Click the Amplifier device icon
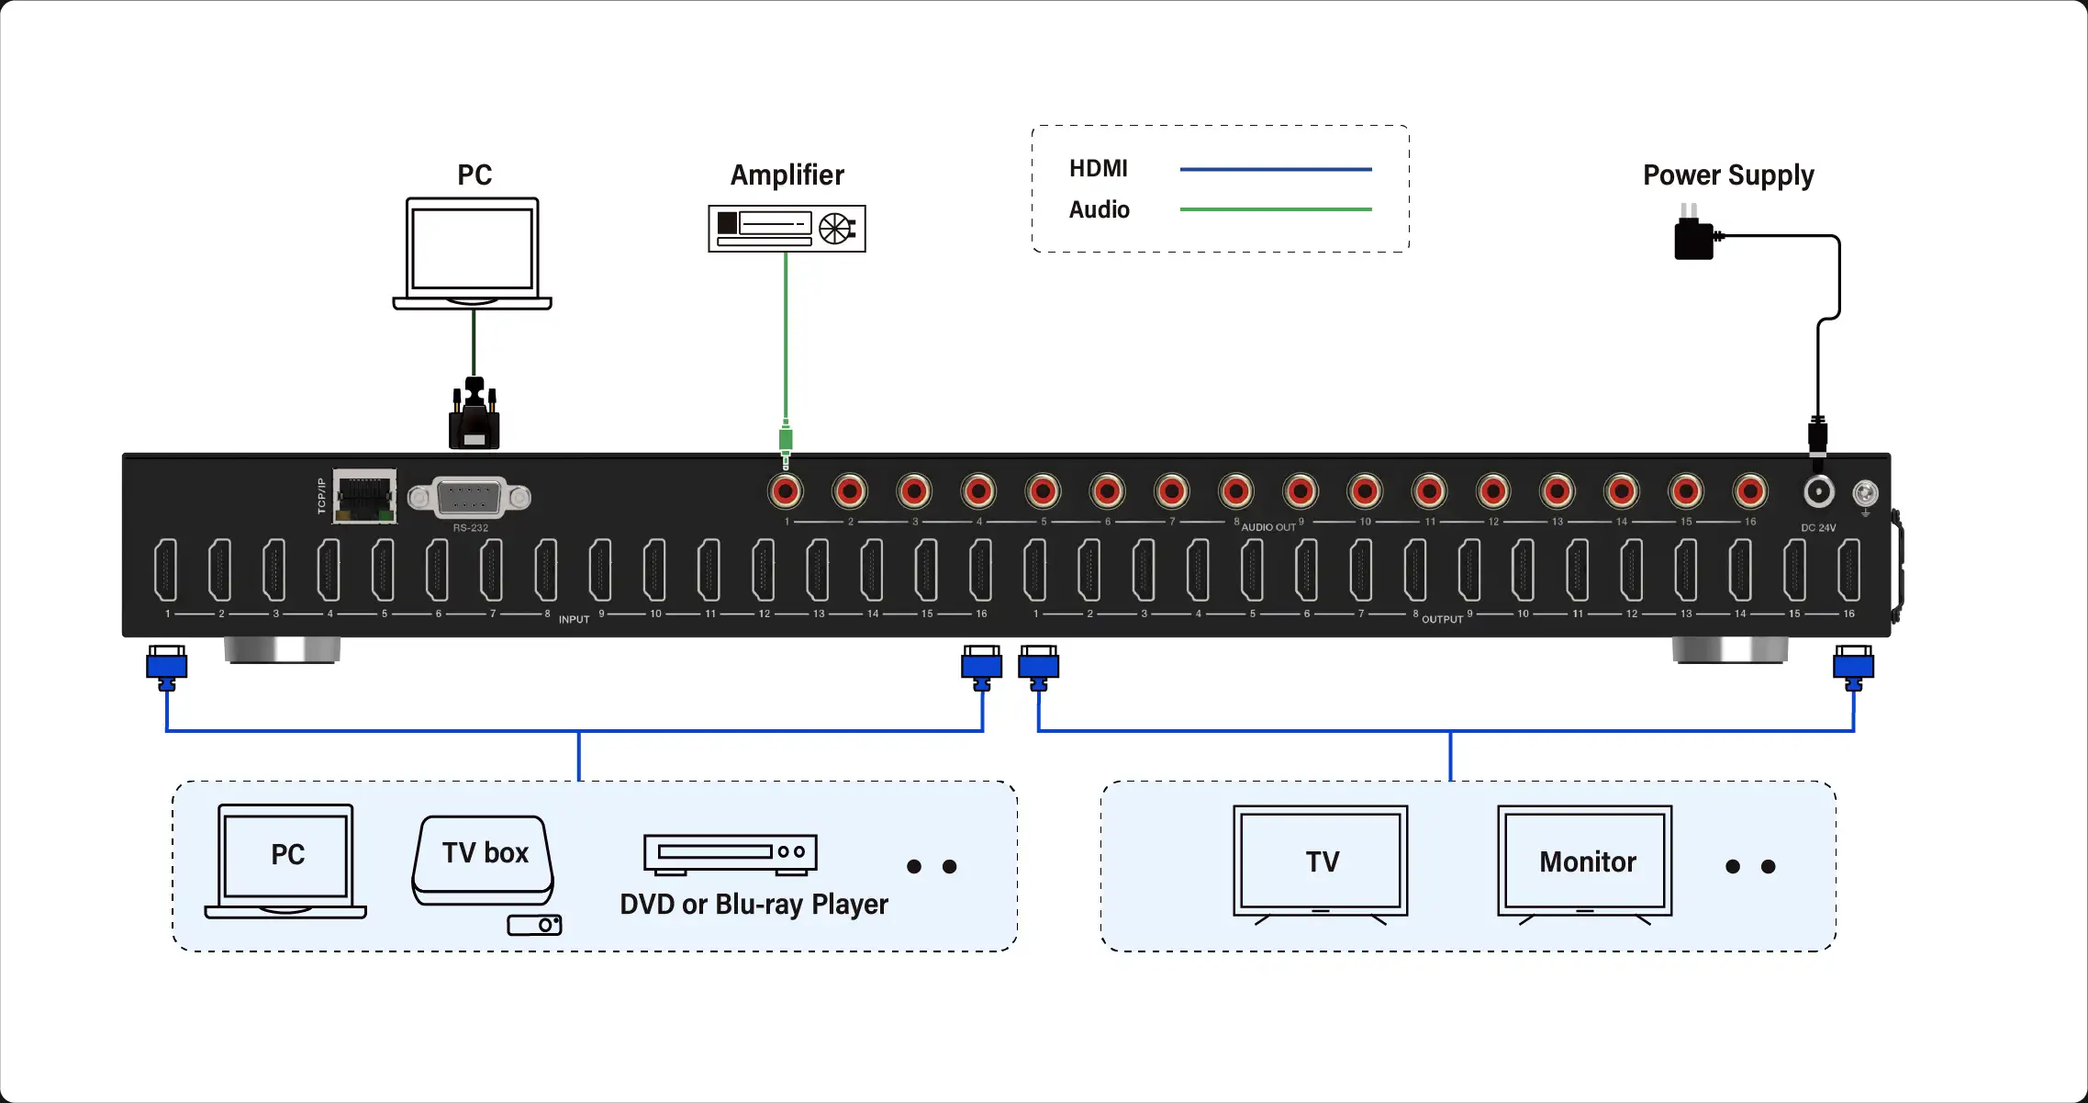point(787,228)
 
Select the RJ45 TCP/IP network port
point(365,496)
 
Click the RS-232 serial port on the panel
point(469,498)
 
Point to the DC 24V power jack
point(1818,492)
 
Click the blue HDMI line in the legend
point(1275,169)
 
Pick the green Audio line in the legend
point(1275,209)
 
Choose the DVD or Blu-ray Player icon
point(730,853)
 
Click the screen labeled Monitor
point(1585,861)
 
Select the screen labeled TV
point(1321,861)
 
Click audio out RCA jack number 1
point(786,491)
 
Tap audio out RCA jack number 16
point(1750,491)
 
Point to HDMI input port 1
point(166,569)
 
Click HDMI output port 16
point(1848,569)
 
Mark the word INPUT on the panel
point(574,620)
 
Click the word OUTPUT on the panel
point(1442,620)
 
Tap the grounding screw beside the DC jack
point(1865,494)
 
